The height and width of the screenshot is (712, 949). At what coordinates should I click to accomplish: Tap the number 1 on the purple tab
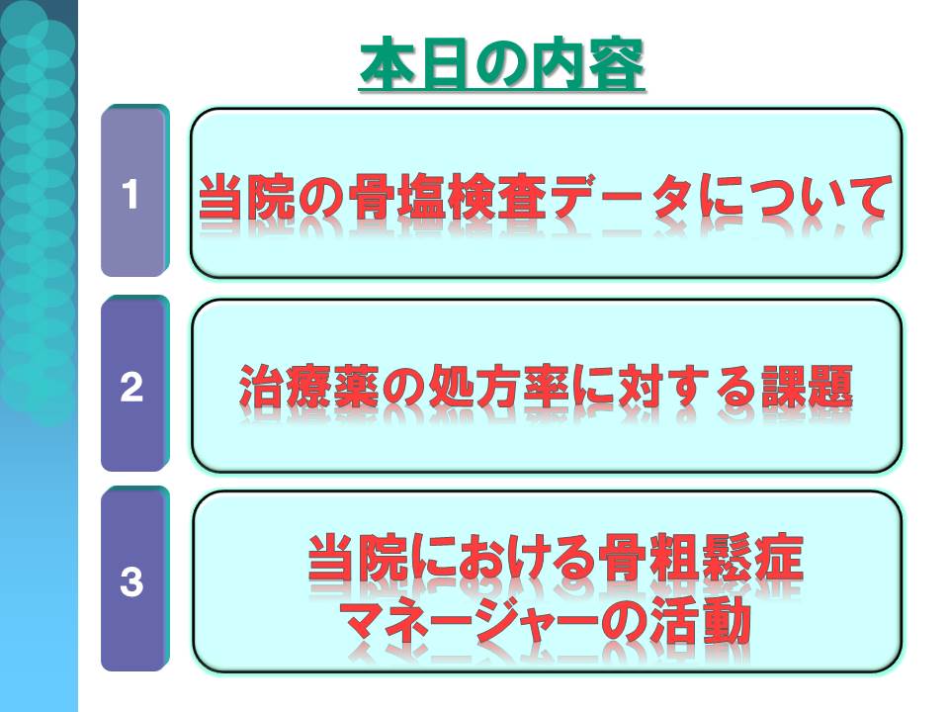pos(130,195)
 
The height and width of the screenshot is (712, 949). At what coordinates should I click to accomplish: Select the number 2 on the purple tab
pos(131,387)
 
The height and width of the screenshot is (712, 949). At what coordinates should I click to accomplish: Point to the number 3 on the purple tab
pos(131,581)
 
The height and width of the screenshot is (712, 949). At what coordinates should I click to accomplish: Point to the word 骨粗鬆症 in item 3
pos(700,557)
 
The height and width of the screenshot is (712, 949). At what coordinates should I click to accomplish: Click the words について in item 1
pos(793,196)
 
